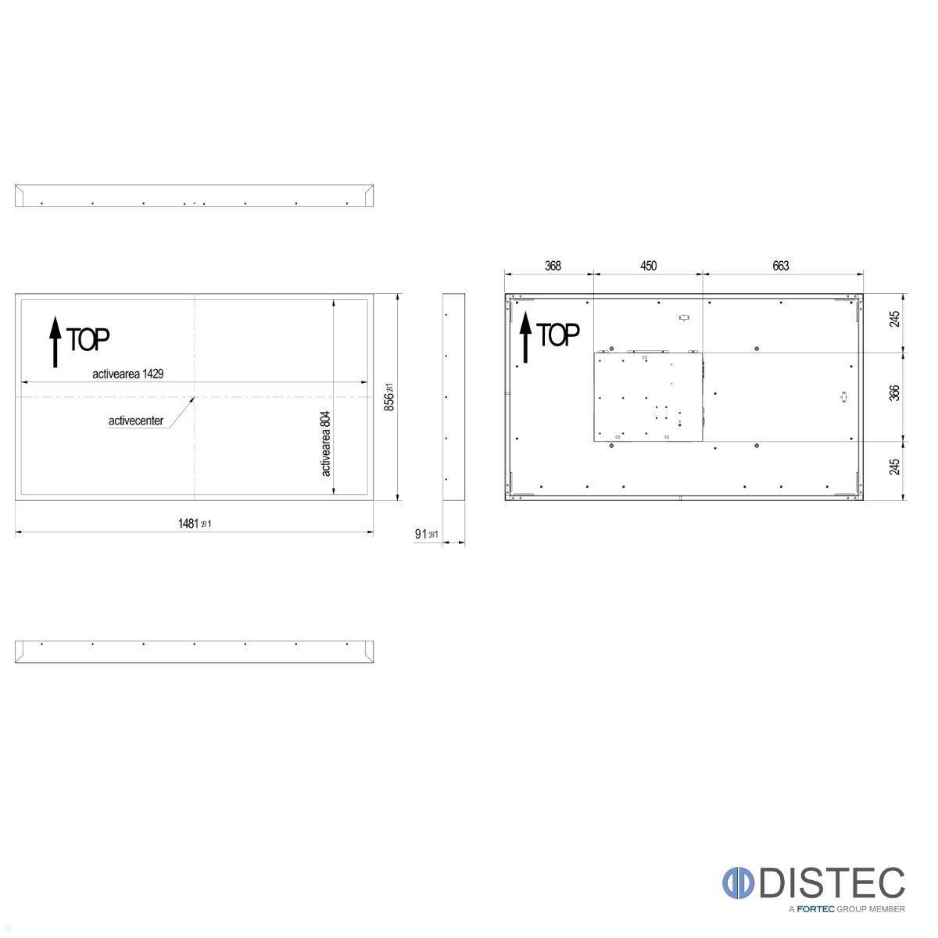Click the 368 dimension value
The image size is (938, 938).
(553, 266)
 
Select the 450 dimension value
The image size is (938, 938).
(649, 266)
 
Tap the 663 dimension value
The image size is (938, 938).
(781, 266)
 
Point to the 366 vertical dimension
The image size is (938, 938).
(895, 392)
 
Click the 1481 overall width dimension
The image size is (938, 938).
(190, 523)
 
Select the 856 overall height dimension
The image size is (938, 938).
(389, 397)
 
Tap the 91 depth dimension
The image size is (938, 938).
(422, 534)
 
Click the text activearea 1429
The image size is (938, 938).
(127, 374)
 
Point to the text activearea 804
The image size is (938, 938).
(326, 443)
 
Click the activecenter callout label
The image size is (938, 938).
(136, 421)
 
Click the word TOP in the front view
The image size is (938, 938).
(88, 339)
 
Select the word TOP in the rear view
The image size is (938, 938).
(558, 335)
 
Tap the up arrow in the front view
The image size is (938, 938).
(55, 342)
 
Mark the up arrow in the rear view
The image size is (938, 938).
(525, 338)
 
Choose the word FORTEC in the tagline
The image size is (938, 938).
(816, 909)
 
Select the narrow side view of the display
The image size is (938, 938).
(454, 397)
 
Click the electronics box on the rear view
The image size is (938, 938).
(648, 397)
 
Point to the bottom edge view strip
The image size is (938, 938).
(194, 652)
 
